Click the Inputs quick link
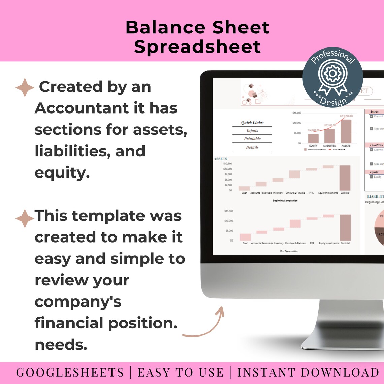[252, 131]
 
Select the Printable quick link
[252, 139]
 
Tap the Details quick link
[252, 147]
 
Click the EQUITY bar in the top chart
[313, 138]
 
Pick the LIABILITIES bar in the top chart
[329, 136]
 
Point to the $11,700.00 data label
[346, 116]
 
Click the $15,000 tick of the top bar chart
[297, 113]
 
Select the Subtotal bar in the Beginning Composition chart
[345, 178]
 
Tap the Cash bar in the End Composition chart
[245, 237]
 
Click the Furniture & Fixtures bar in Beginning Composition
[294, 174]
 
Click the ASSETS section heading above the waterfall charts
[221, 159]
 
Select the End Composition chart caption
[289, 251]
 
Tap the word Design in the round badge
[333, 101]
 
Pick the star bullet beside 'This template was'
[25, 218]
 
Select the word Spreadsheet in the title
[197, 46]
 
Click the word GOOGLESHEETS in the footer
[70, 373]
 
